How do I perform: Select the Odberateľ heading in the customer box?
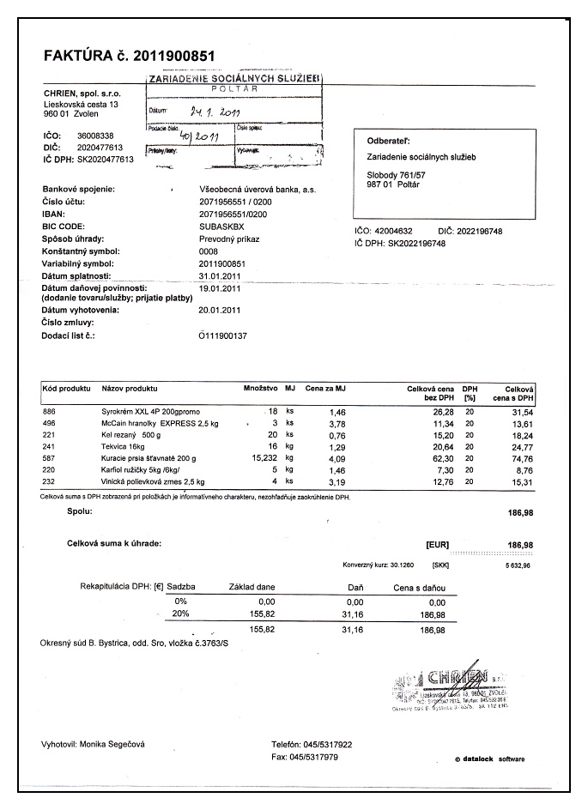tap(388, 140)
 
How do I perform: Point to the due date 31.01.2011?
tap(220, 275)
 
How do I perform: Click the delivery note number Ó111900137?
tap(222, 335)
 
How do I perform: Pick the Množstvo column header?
tap(262, 389)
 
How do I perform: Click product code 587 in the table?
tap(49, 459)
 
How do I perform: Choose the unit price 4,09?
tap(336, 460)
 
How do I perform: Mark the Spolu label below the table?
tap(79, 511)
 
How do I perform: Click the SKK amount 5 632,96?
tap(518, 565)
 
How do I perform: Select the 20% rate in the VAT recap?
tap(180, 614)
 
